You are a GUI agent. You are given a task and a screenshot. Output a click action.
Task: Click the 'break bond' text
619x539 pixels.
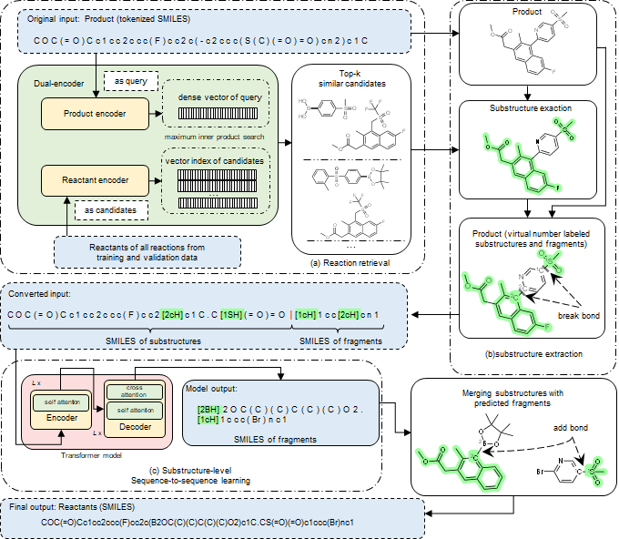tap(575, 318)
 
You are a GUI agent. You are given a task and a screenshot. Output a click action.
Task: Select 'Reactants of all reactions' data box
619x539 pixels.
tap(147, 251)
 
